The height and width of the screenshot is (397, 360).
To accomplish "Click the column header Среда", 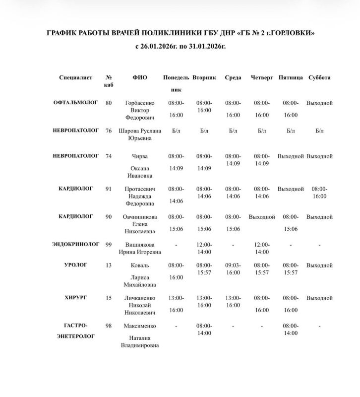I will [x=233, y=78].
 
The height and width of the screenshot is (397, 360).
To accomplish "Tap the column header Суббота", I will [x=319, y=78].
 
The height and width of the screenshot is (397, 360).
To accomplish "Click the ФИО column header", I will [x=139, y=78].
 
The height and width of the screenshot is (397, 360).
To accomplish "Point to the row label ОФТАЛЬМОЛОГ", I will [x=75, y=102].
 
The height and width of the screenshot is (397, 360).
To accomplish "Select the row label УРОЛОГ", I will [x=76, y=265].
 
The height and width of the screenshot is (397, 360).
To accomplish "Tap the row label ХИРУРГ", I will [x=76, y=297].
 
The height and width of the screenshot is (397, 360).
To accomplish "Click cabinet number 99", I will [x=109, y=244].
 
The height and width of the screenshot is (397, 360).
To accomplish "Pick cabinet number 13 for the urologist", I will [x=109, y=265].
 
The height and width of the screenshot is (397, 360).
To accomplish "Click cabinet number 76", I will [x=109, y=131].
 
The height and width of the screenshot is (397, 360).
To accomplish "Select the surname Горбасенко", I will [x=140, y=103].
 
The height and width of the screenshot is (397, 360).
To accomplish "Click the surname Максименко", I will [x=140, y=326].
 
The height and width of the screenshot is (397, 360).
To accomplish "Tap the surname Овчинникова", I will [x=140, y=217].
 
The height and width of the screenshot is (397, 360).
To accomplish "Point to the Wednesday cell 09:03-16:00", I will [x=233, y=269].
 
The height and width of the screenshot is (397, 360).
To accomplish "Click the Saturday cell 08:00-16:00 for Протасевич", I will [x=319, y=193].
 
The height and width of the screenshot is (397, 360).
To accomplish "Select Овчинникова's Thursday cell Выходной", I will [x=262, y=217].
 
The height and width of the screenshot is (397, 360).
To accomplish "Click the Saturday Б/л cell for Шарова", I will [x=319, y=131].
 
